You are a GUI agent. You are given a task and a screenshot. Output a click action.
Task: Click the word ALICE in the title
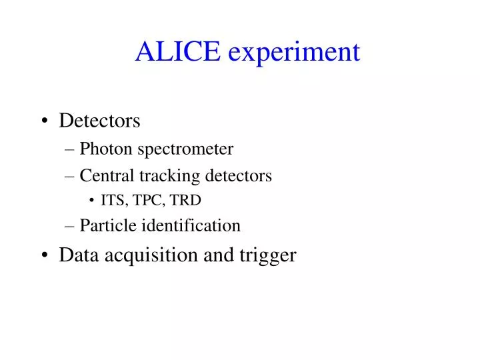pyautogui.click(x=177, y=51)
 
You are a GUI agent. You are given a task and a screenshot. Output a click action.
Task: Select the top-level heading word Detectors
pyautogui.click(x=99, y=121)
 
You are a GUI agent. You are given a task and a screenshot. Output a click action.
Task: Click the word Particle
pyautogui.click(x=106, y=225)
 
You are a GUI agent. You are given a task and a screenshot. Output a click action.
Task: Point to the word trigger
pyautogui.click(x=268, y=256)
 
